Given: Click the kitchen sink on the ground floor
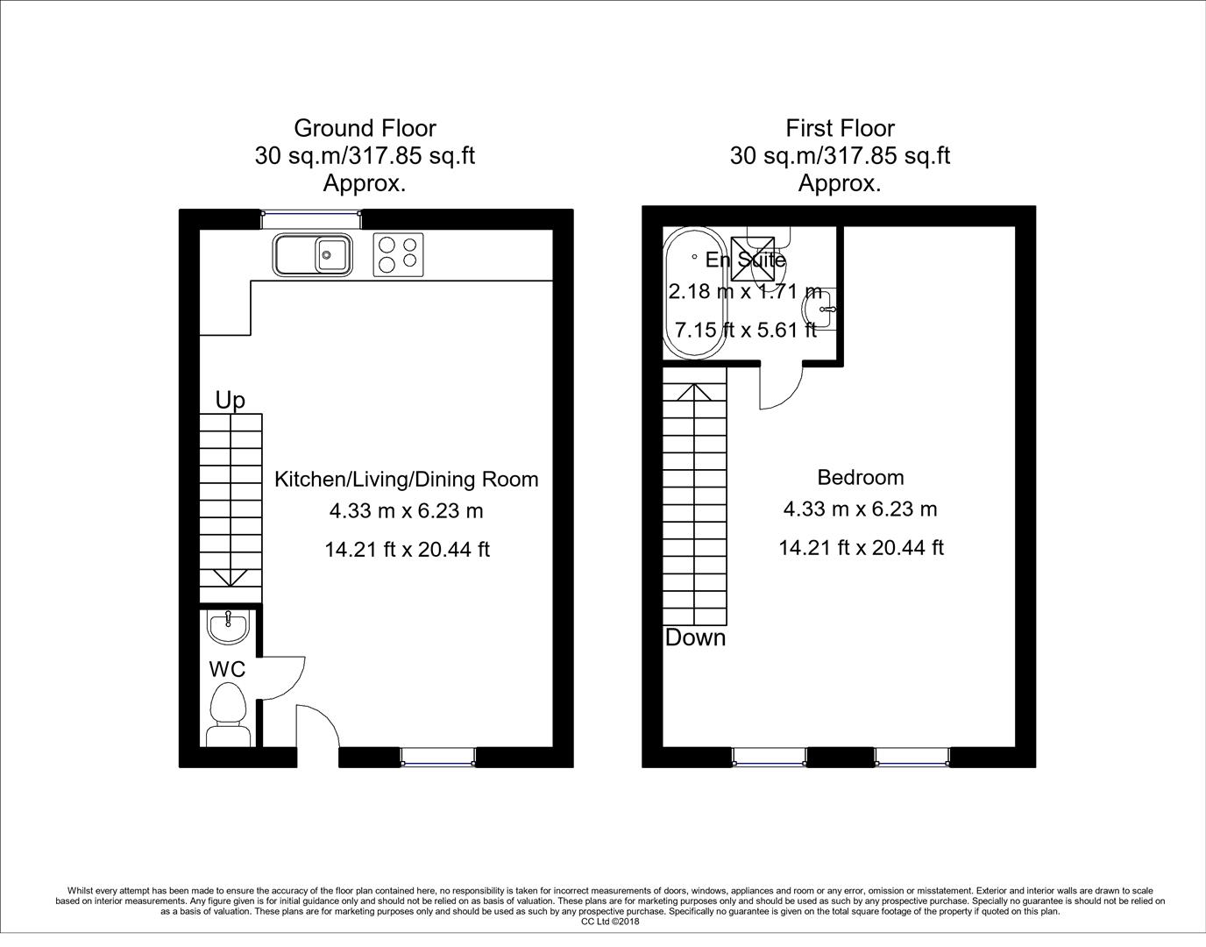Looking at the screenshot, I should [x=313, y=254].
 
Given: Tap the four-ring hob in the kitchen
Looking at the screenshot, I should [x=398, y=254].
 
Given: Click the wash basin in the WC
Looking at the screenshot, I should [x=229, y=625].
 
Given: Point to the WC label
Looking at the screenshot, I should [x=227, y=669].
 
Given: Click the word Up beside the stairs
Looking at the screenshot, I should [x=230, y=401].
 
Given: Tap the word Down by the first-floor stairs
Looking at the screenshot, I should [x=695, y=637].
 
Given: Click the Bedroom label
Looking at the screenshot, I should [x=860, y=477].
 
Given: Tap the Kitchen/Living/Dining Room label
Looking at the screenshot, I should [x=407, y=479].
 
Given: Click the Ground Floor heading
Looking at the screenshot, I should [x=365, y=128].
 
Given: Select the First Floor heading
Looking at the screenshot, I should [x=840, y=128].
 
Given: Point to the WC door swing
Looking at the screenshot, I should [x=283, y=678].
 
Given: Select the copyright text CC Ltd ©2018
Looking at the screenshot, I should [x=610, y=922].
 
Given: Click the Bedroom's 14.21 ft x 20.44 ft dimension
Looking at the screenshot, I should [x=861, y=548].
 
